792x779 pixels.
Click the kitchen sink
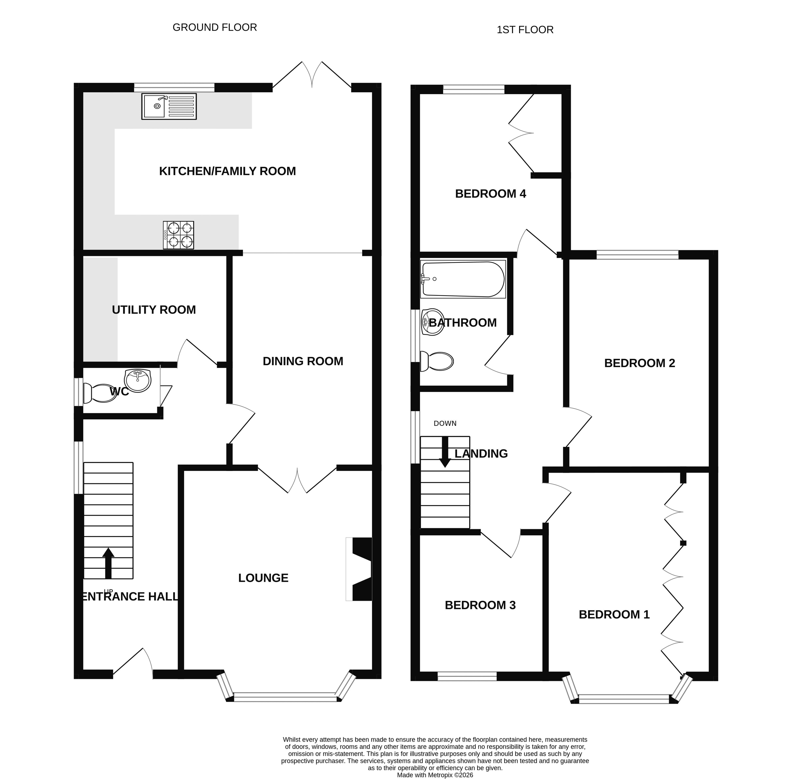[169, 106]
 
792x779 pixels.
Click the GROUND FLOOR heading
[215, 27]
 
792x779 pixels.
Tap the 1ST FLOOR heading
[525, 30]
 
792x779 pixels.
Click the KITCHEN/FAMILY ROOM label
[227, 171]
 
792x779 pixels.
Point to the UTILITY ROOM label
[154, 310]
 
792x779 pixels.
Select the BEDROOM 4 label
[491, 193]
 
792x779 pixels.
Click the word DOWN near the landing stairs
[445, 423]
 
